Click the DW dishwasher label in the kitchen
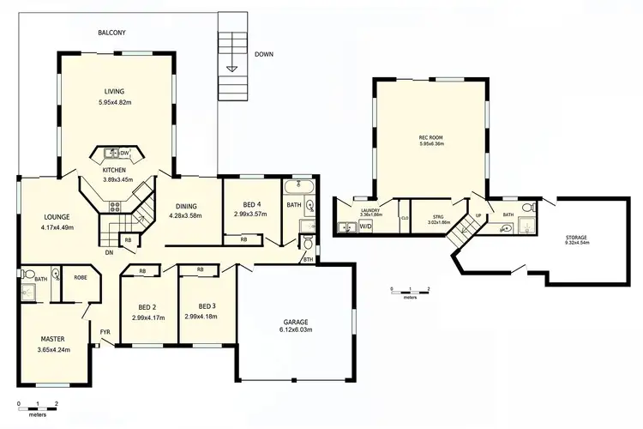click(125, 153)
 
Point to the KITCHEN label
click(115, 170)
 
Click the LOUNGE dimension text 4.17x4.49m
click(57, 227)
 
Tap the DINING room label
click(186, 206)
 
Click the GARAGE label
click(297, 321)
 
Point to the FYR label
click(105, 330)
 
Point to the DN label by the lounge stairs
click(109, 252)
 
